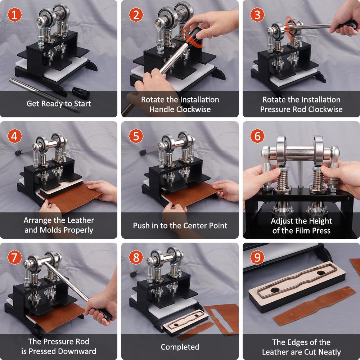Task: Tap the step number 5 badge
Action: [136, 136]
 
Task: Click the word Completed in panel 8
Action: [180, 347]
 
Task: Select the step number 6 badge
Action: [257, 136]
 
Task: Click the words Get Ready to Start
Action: [59, 104]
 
